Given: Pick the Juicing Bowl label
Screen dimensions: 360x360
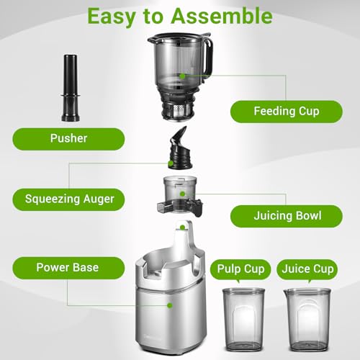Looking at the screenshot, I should point(278,215).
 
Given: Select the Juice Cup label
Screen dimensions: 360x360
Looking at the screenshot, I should point(308,270).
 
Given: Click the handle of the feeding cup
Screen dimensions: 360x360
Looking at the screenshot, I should point(207,58).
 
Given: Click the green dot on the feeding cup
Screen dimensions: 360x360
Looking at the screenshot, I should point(183,75).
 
